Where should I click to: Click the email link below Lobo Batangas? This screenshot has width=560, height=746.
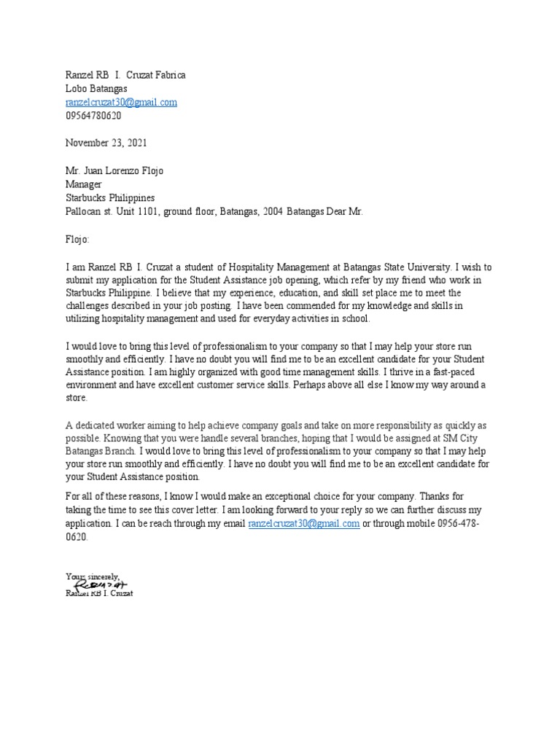pos(121,103)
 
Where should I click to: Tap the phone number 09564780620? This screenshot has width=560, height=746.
pos(93,116)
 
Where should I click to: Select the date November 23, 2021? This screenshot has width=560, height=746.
pos(106,143)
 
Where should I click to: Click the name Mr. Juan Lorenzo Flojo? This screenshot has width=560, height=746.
pos(114,171)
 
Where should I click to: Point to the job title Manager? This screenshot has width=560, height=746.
pos(84,184)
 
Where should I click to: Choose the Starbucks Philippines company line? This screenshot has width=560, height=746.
pos(110,198)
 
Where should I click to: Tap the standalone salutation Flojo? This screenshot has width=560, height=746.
pos(77,238)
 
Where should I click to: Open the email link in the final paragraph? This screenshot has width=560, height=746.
pos(303,524)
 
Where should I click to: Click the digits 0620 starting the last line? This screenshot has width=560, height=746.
pos(77,537)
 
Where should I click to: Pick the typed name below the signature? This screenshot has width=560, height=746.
pos(99,593)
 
